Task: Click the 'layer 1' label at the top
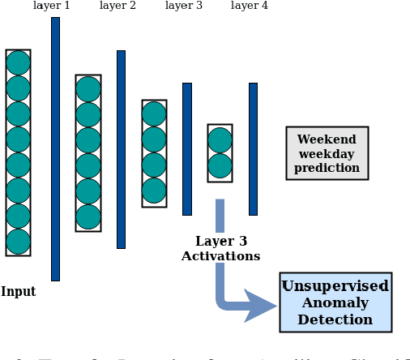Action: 51,6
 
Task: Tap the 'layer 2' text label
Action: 117,6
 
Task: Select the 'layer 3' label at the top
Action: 183,6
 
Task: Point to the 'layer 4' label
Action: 249,6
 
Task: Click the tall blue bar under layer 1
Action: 55,149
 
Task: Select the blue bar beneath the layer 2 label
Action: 121,149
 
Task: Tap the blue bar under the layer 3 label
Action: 187,149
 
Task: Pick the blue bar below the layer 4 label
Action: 253,149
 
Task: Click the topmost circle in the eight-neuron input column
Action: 18,63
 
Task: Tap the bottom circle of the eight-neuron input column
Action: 18,242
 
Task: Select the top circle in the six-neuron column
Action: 88,89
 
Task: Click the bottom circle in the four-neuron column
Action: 154,191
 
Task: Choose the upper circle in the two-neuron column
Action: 220,140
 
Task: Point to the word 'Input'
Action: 18,292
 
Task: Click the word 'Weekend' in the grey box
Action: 327,140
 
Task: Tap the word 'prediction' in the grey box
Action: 327,168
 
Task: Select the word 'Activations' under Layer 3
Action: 220,256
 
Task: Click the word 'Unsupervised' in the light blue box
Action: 335,286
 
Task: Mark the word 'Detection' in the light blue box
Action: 335,319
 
